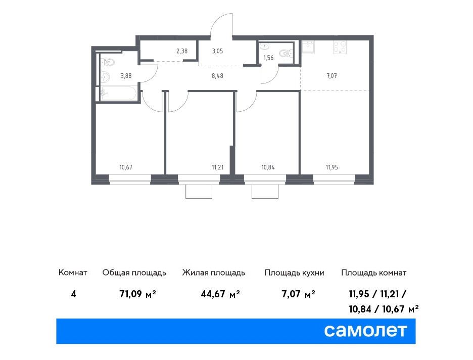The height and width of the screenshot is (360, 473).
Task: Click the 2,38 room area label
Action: pyautogui.click(x=182, y=51)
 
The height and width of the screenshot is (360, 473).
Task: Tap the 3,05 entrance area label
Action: pyautogui.click(x=217, y=51)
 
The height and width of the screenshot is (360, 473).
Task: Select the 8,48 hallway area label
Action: pyautogui.click(x=217, y=76)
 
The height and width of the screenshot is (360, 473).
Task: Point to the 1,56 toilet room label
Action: pyautogui.click(x=268, y=58)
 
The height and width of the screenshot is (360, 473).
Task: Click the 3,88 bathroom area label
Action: pyautogui.click(x=126, y=76)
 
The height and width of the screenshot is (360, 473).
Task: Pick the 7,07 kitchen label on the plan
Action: pyautogui.click(x=332, y=76)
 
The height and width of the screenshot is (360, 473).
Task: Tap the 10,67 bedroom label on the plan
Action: pyautogui.click(x=126, y=167)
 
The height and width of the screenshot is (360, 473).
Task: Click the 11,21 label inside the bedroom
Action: pyautogui.click(x=217, y=167)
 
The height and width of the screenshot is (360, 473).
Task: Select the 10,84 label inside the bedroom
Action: pyautogui.click(x=268, y=167)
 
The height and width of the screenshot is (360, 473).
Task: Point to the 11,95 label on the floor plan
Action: pyautogui.click(x=332, y=167)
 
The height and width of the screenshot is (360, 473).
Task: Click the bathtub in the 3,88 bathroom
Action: pyautogui.click(x=118, y=93)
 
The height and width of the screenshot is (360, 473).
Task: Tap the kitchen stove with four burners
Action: pyautogui.click(x=340, y=47)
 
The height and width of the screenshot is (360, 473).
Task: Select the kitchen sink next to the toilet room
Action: pyautogui.click(x=309, y=47)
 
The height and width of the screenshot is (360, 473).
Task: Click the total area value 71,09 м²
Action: pyautogui.click(x=137, y=294)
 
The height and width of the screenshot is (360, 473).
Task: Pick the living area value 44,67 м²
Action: pyautogui.click(x=220, y=294)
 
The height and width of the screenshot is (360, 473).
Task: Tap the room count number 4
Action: pyautogui.click(x=73, y=294)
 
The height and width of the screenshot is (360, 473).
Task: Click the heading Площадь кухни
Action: pyautogui.click(x=295, y=273)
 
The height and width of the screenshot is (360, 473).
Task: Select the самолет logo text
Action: pyautogui.click(x=365, y=331)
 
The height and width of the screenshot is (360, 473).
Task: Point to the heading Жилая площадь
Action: pyautogui.click(x=214, y=273)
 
